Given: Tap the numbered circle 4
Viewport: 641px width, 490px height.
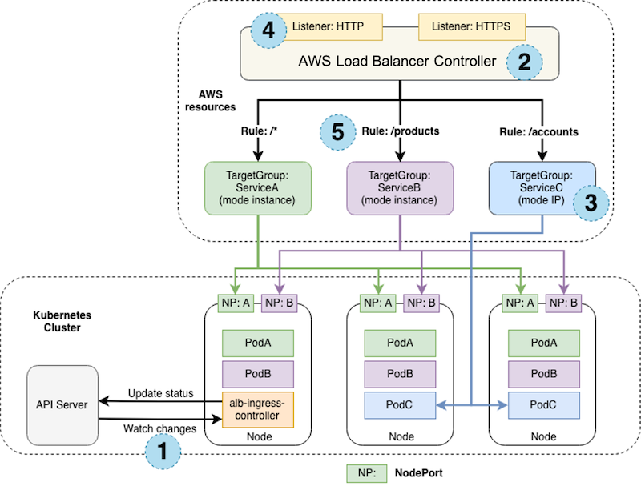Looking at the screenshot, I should (x=267, y=33).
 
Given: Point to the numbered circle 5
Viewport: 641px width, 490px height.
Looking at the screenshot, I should (x=337, y=133).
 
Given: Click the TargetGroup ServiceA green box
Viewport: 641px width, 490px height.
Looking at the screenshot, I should (x=256, y=187).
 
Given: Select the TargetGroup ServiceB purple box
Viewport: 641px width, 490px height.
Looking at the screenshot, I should (x=400, y=187).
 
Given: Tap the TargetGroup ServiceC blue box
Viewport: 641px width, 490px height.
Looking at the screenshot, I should (x=542, y=187).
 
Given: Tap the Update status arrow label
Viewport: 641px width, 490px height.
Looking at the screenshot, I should (x=161, y=392).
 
